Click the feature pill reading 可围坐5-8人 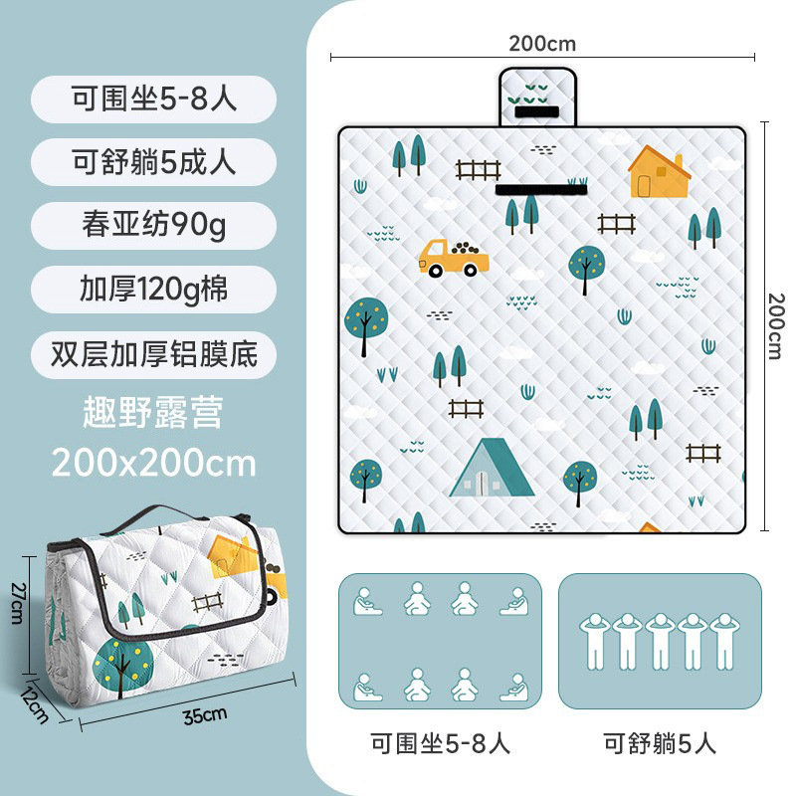(x=153, y=99)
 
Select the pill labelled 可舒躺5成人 (x=153, y=162)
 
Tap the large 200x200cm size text (x=153, y=463)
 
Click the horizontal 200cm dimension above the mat (x=542, y=43)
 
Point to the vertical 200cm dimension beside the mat (x=776, y=326)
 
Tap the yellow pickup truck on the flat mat (x=453, y=257)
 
